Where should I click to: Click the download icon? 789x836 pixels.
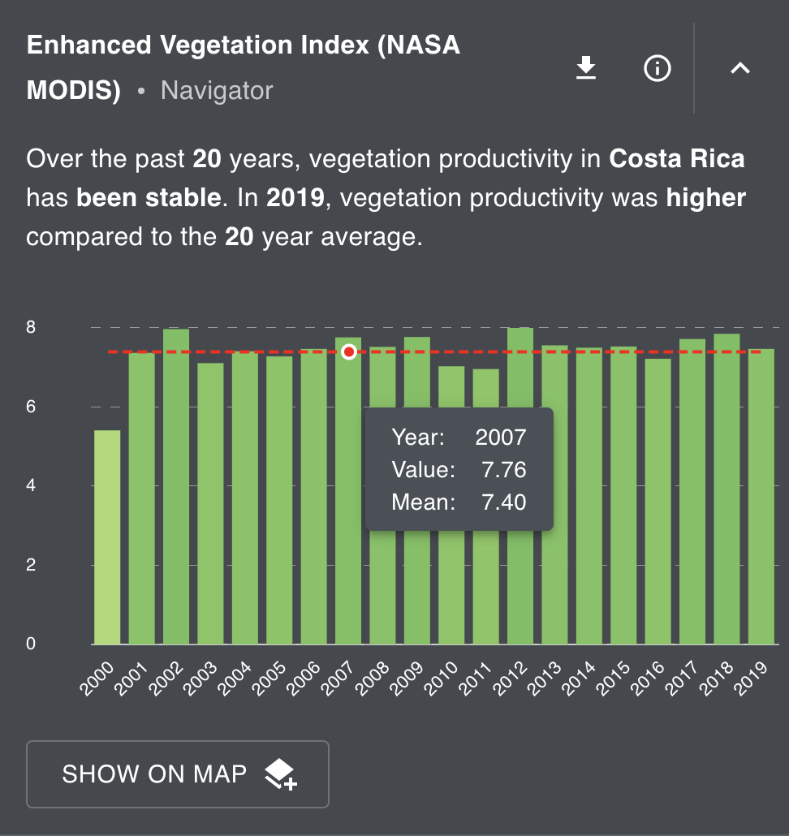click(x=586, y=69)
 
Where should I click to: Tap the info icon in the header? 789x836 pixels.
click(x=657, y=69)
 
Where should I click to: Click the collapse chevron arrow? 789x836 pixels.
click(x=739, y=69)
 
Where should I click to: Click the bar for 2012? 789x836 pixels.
click(x=520, y=487)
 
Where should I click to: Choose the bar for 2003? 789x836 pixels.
click(x=210, y=503)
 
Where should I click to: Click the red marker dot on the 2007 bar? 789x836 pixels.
click(x=349, y=351)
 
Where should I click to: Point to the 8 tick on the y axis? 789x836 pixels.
click(x=31, y=328)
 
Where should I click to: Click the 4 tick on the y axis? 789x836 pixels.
click(x=31, y=486)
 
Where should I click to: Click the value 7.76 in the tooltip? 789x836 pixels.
click(x=503, y=470)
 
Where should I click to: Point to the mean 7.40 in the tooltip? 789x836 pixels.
click(x=503, y=502)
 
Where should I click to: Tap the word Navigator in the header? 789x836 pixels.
click(x=217, y=90)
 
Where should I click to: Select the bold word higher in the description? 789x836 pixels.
click(x=705, y=198)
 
